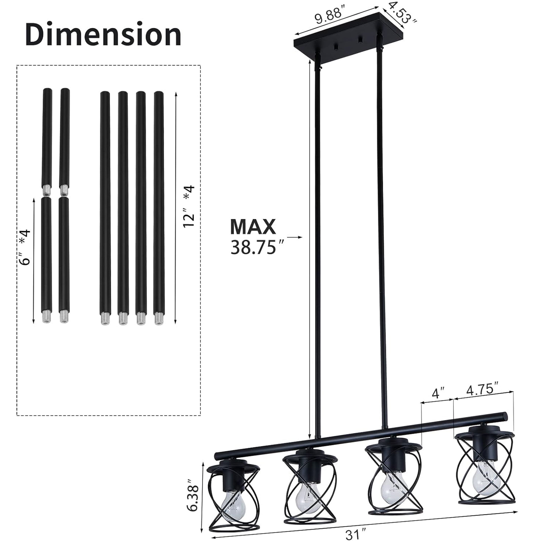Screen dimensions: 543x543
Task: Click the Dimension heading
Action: click(x=103, y=35)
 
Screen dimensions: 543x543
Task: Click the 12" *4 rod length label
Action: click(x=189, y=207)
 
